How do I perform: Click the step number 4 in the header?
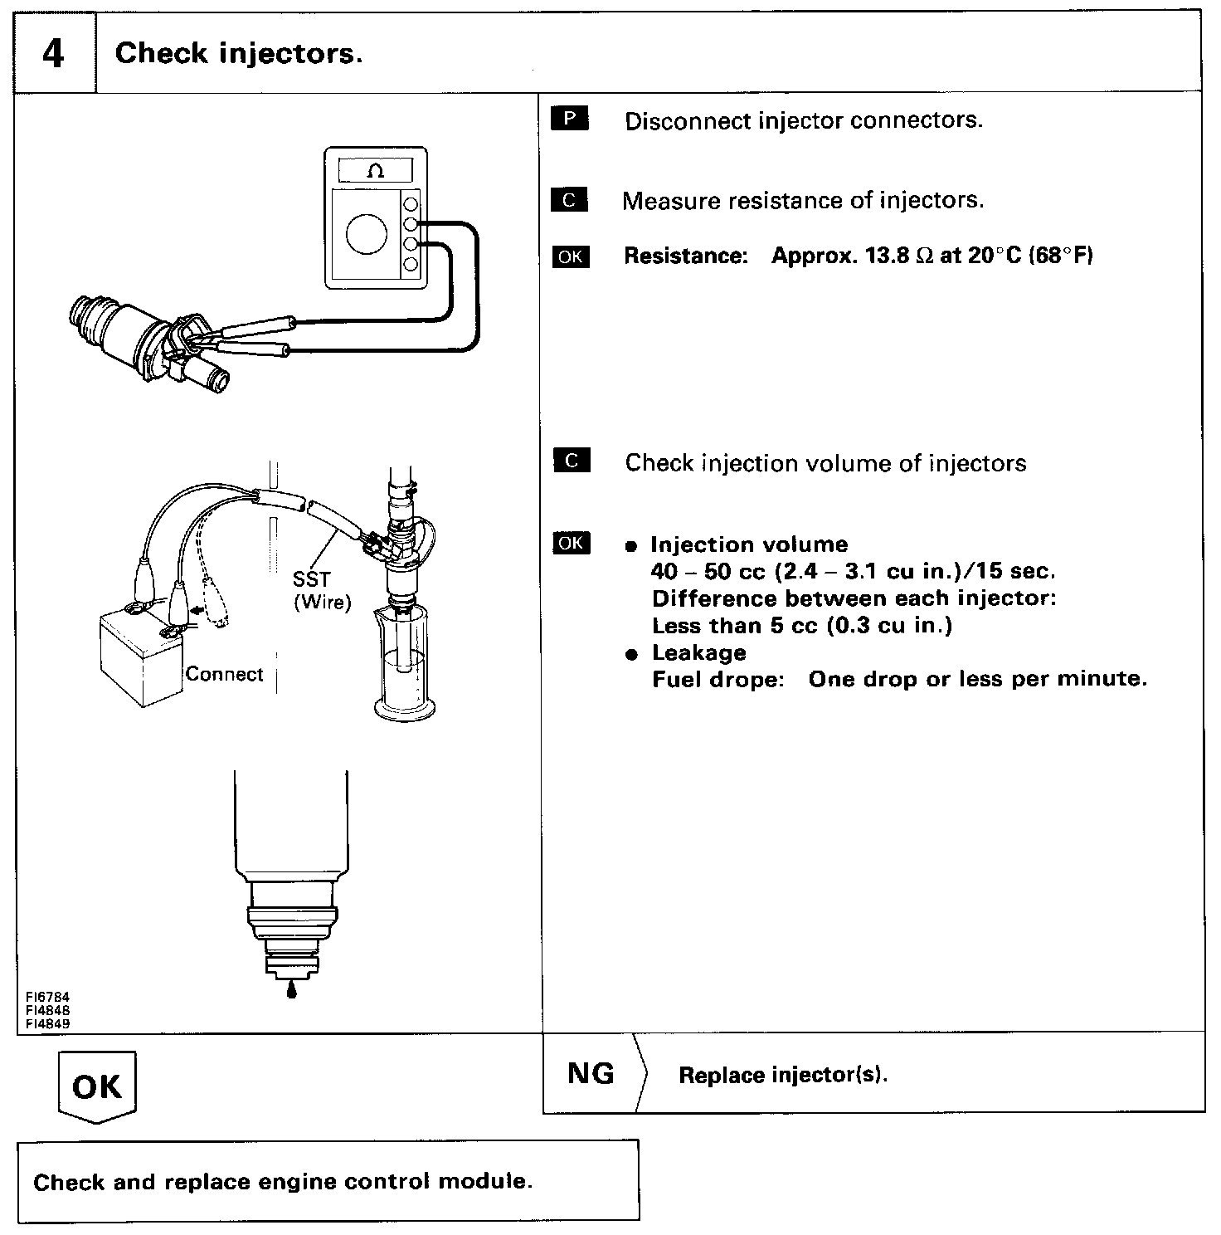coord(52,54)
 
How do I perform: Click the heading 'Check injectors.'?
coord(239,54)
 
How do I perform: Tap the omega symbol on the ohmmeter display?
coord(375,171)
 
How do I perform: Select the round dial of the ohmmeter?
coord(366,234)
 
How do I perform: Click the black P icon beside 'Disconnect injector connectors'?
coord(569,119)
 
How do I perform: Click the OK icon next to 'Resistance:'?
coord(570,256)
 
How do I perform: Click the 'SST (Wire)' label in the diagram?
coord(322,590)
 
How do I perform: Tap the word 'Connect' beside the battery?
coord(224,674)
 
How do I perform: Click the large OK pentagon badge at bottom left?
coord(97,1086)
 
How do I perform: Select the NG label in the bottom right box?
coord(591,1073)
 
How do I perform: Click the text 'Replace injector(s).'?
coord(783,1075)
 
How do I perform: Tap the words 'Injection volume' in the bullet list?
coord(749,544)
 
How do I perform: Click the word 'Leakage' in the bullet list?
coord(698,652)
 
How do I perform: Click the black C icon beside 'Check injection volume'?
coord(572,461)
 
